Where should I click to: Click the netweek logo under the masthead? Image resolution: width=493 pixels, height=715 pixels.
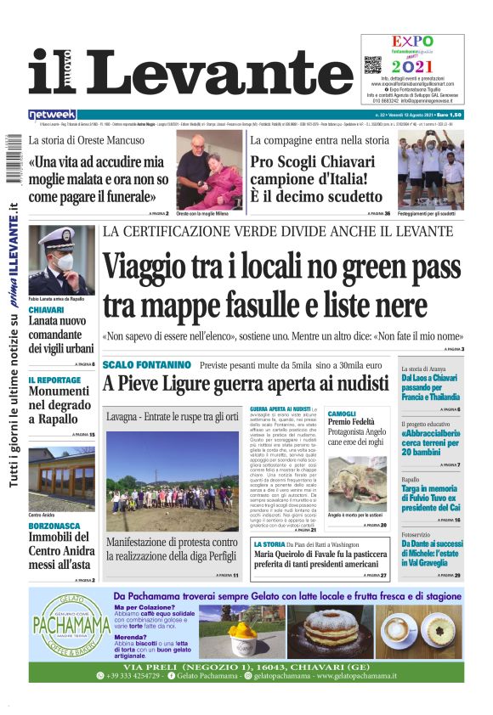point(52,114)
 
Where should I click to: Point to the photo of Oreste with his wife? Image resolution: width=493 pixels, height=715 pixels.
point(209,169)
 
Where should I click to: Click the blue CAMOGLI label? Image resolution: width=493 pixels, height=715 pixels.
point(342,413)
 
